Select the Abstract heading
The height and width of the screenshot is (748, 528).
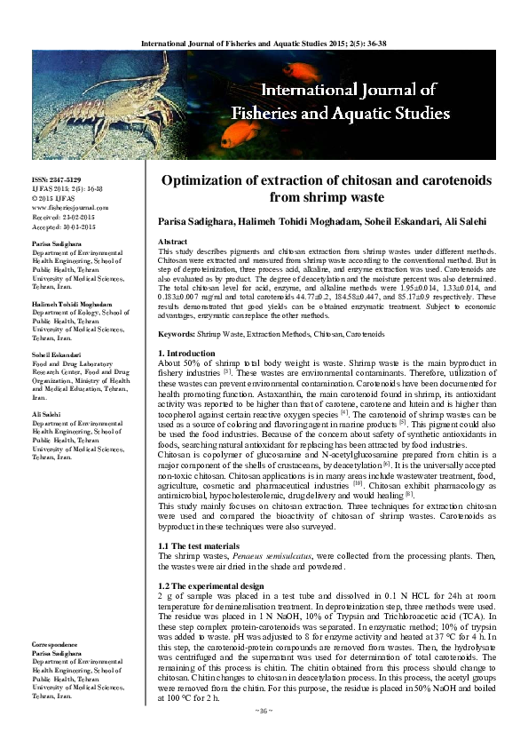coord(172,242)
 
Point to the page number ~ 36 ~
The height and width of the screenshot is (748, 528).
coord(264,735)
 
